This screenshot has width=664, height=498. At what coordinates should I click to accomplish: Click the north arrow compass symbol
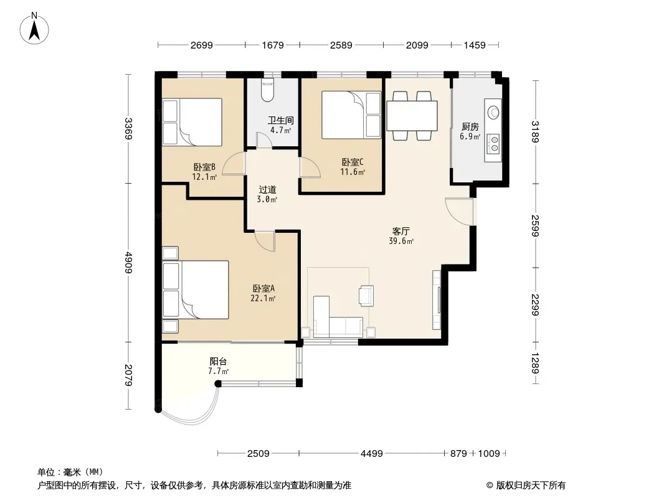click(34, 29)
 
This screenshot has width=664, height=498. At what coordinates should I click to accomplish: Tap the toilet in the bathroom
click(268, 90)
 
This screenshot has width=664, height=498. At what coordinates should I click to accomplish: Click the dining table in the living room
click(412, 116)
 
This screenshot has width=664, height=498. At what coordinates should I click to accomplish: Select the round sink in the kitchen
click(493, 112)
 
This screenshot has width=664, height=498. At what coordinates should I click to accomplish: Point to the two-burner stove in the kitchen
click(493, 143)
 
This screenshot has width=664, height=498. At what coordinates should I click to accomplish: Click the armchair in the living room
click(366, 295)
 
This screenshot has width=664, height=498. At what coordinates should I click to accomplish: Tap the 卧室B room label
click(204, 167)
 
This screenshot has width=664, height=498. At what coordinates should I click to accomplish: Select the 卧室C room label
click(353, 162)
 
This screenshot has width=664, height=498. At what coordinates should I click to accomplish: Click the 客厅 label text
click(401, 231)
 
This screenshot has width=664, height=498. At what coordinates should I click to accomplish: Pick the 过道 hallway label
click(267, 190)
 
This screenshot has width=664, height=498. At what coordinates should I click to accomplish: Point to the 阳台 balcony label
click(218, 361)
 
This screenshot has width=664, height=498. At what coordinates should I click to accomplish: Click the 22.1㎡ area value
click(263, 298)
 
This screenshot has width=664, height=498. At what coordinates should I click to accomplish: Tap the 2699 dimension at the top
click(202, 45)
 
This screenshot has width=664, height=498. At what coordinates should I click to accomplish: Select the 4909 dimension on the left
click(129, 263)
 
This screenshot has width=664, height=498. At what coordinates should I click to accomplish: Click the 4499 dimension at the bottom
click(371, 454)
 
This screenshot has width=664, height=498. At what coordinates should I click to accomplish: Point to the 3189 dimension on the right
click(535, 132)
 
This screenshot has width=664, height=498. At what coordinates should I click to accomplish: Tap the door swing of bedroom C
click(310, 167)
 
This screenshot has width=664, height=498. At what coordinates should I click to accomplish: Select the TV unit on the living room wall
click(437, 300)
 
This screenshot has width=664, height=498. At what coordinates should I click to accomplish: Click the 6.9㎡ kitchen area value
click(470, 137)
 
